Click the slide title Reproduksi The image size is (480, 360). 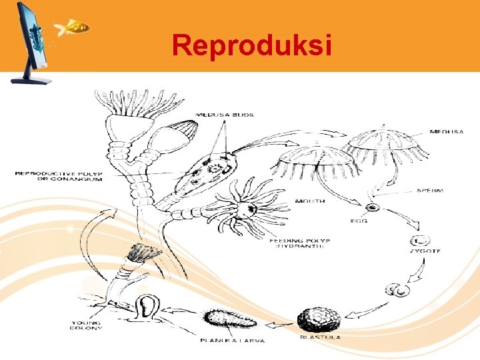[251, 45]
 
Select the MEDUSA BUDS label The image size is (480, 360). [224, 115]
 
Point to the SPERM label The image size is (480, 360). [430, 191]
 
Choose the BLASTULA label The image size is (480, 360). [321, 338]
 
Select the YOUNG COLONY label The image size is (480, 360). [87, 327]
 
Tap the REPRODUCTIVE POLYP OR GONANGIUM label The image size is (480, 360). [59, 176]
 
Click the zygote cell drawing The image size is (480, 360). [421, 241]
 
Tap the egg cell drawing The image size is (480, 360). [374, 207]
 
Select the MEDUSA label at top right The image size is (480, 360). [447, 132]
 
